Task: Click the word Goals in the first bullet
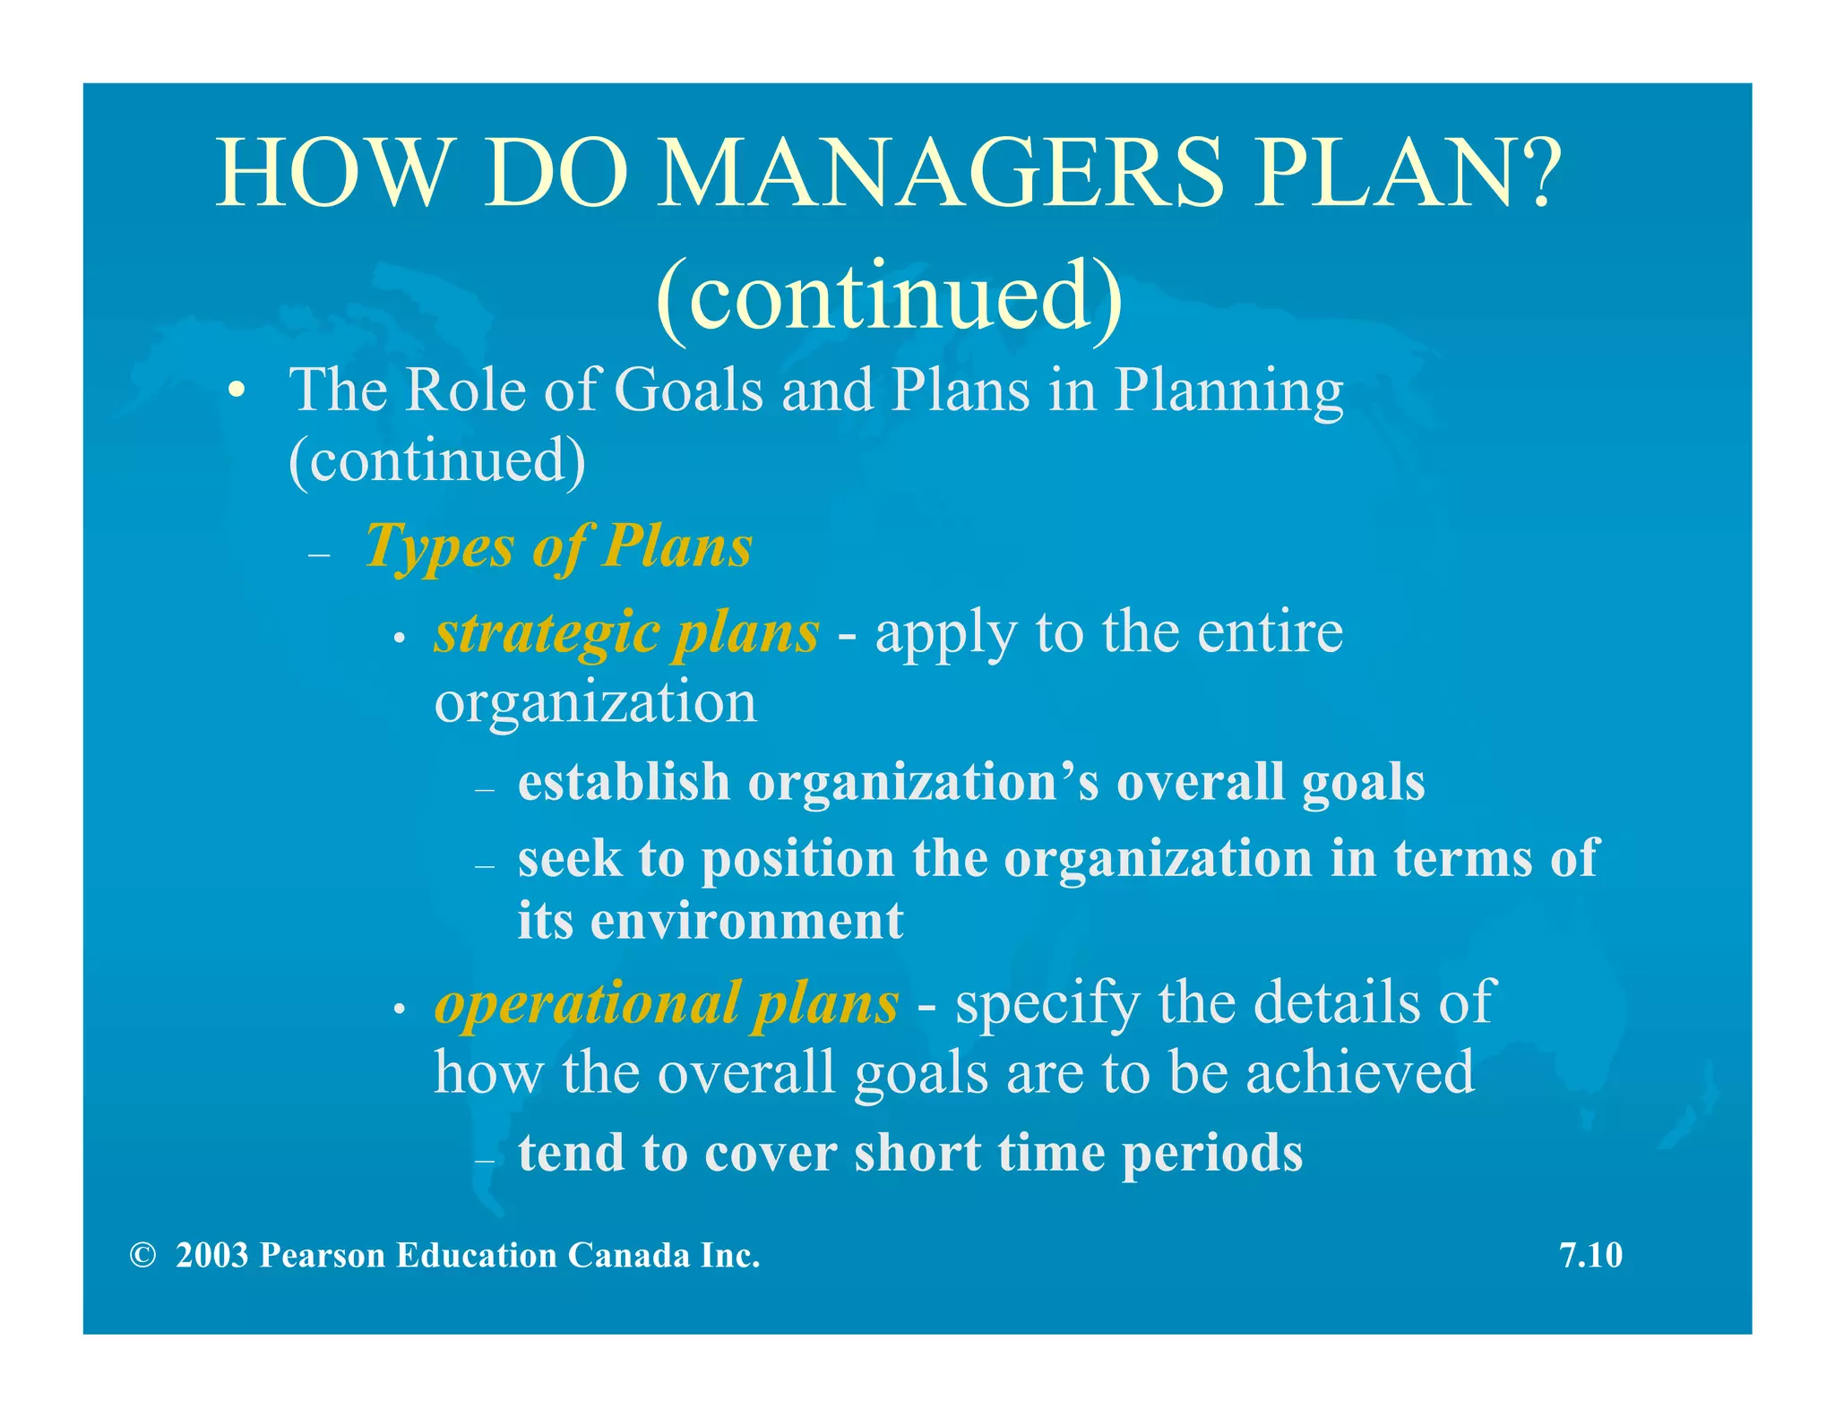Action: (x=688, y=391)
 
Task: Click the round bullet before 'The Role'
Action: (x=236, y=391)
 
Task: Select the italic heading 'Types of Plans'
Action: (x=559, y=546)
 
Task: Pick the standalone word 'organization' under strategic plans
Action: (x=596, y=703)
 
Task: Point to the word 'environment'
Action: (x=746, y=921)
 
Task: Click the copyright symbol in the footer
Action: (x=142, y=1255)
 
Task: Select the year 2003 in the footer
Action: (x=212, y=1255)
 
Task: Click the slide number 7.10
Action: (x=1590, y=1255)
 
